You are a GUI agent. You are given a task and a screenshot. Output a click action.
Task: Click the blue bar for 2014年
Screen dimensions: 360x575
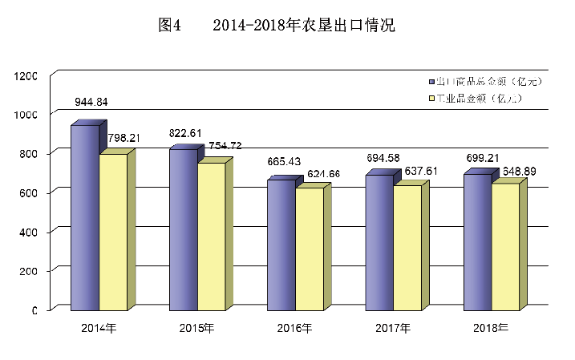[84, 216]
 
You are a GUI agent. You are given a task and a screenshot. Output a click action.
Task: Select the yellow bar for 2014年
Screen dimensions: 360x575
[113, 231]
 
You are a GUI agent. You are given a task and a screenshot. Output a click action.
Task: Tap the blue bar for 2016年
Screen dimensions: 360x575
[281, 244]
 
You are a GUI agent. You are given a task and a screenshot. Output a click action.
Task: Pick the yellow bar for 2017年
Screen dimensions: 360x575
[407, 247]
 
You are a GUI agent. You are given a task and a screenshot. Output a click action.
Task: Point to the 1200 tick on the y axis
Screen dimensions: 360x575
[26, 75]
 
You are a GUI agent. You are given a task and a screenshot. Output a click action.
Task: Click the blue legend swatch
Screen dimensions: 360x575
[431, 82]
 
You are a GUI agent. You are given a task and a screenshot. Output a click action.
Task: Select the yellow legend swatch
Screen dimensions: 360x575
[431, 99]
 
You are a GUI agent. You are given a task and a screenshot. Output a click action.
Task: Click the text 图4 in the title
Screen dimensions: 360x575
[170, 25]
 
